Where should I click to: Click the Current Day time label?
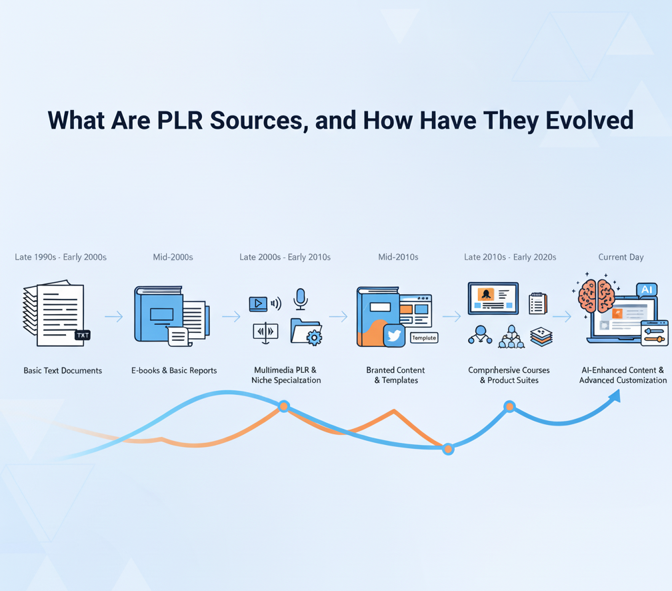pos(621,257)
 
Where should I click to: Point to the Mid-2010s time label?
pos(398,257)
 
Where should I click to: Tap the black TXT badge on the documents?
pos(82,335)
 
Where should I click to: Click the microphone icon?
pos(301,298)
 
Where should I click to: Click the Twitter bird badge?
pos(394,336)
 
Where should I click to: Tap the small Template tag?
pos(424,338)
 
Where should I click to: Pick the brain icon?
pos(596,295)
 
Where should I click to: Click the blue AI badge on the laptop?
pos(647,289)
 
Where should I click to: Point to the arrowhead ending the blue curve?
pos(615,396)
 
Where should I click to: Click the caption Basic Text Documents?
pos(63,370)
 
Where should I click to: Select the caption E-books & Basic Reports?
pos(174,370)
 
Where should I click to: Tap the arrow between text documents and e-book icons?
pos(114,316)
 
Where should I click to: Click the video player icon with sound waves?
pos(259,304)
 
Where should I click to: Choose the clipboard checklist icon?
pos(537,303)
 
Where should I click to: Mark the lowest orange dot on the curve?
pos(448,449)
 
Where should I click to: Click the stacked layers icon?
pos(541,337)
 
